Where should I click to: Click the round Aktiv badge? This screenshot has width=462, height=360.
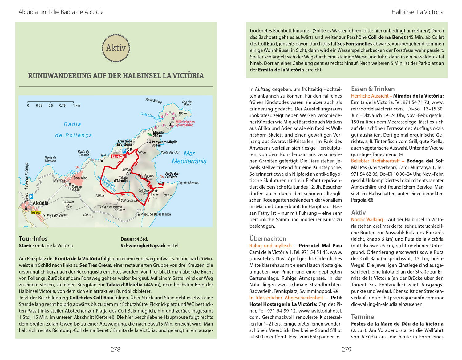(116, 48)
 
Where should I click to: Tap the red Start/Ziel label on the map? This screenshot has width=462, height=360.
(119, 157)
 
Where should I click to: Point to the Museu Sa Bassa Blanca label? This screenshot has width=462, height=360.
(156, 214)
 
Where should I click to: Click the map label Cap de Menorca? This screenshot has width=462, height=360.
(188, 183)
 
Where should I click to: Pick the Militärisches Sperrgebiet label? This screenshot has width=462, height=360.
(185, 123)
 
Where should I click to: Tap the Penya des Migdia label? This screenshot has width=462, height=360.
(164, 143)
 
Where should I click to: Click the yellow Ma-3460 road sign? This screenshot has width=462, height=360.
(36, 213)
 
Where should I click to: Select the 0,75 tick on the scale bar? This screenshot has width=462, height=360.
(62, 106)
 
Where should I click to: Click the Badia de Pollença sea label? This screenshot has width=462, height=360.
(73, 130)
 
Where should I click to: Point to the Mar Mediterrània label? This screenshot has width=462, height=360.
(189, 157)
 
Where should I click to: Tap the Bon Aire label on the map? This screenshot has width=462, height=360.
(80, 178)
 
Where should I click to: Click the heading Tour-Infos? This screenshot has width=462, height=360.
(33, 238)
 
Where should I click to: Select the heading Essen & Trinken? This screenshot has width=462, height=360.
(373, 89)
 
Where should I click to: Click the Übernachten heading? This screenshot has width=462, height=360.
(268, 238)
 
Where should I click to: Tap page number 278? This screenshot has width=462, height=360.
(115, 349)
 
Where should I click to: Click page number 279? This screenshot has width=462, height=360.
(346, 349)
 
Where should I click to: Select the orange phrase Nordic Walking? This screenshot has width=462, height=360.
(367, 219)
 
